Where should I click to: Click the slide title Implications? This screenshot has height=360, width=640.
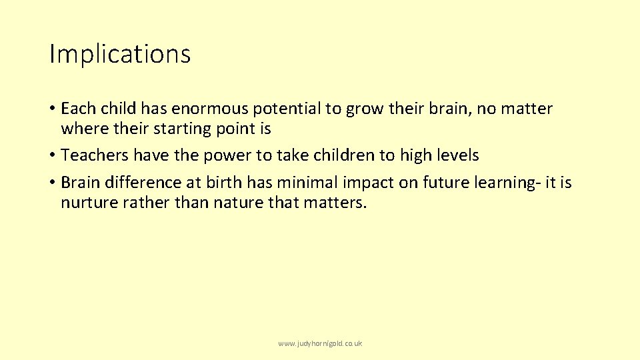coord(120,55)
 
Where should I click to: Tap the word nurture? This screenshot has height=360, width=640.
coord(89,203)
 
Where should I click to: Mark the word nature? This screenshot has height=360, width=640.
coord(237,203)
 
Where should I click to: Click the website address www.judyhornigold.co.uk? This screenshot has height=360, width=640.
coord(320,343)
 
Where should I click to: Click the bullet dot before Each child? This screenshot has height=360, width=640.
coord(51,109)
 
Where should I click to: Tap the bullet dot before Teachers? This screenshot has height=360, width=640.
coord(51,156)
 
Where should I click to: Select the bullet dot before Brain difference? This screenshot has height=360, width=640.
coord(51,183)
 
